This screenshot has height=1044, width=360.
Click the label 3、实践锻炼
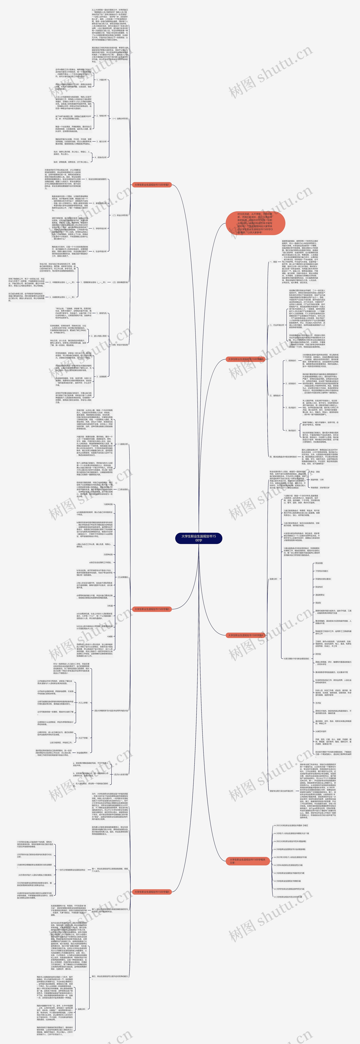(101, 377)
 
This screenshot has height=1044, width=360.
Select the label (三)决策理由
(122, 577)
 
